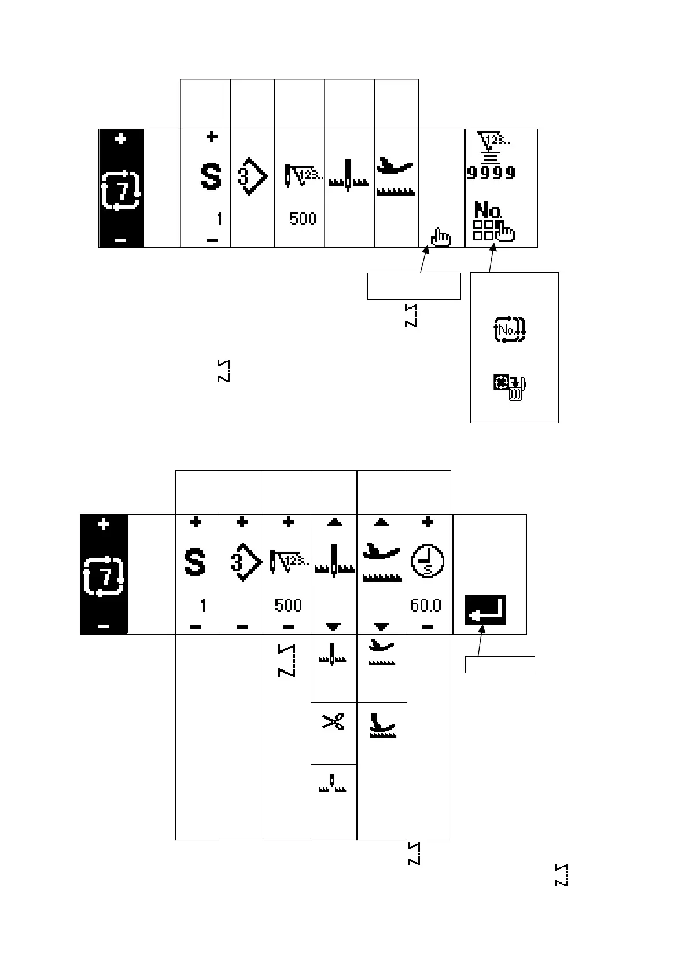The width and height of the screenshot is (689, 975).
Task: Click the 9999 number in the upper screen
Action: pyautogui.click(x=492, y=173)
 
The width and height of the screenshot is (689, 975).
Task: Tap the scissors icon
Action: pyautogui.click(x=333, y=722)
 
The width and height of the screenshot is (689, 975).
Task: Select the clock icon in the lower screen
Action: pyautogui.click(x=428, y=563)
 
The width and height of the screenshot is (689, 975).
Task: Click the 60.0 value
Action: pyautogui.click(x=426, y=606)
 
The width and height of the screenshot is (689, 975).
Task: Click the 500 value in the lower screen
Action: pyautogui.click(x=288, y=606)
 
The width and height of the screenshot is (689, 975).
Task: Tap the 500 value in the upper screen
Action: pyautogui.click(x=303, y=219)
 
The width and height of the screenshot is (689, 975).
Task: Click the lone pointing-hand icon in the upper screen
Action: pyautogui.click(x=441, y=237)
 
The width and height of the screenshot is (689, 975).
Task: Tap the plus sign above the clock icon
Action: pyautogui.click(x=428, y=523)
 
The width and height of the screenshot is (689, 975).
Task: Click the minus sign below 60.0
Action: pyautogui.click(x=428, y=626)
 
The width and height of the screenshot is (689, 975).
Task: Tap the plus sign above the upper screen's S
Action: pyautogui.click(x=212, y=137)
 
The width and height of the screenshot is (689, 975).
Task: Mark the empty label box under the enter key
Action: pyautogui.click(x=500, y=665)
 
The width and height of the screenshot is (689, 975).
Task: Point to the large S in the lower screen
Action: pyautogui.click(x=194, y=563)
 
